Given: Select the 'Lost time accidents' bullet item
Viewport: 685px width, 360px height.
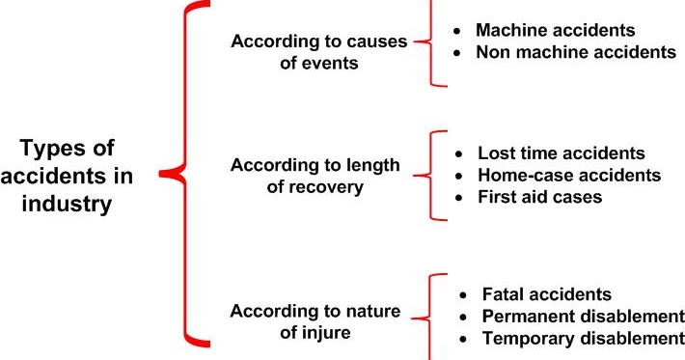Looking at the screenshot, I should coord(562,154).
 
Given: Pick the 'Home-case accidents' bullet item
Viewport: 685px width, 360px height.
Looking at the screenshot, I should coord(569,175).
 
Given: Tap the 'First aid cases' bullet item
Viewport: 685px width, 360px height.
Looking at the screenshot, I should coord(540,196).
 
